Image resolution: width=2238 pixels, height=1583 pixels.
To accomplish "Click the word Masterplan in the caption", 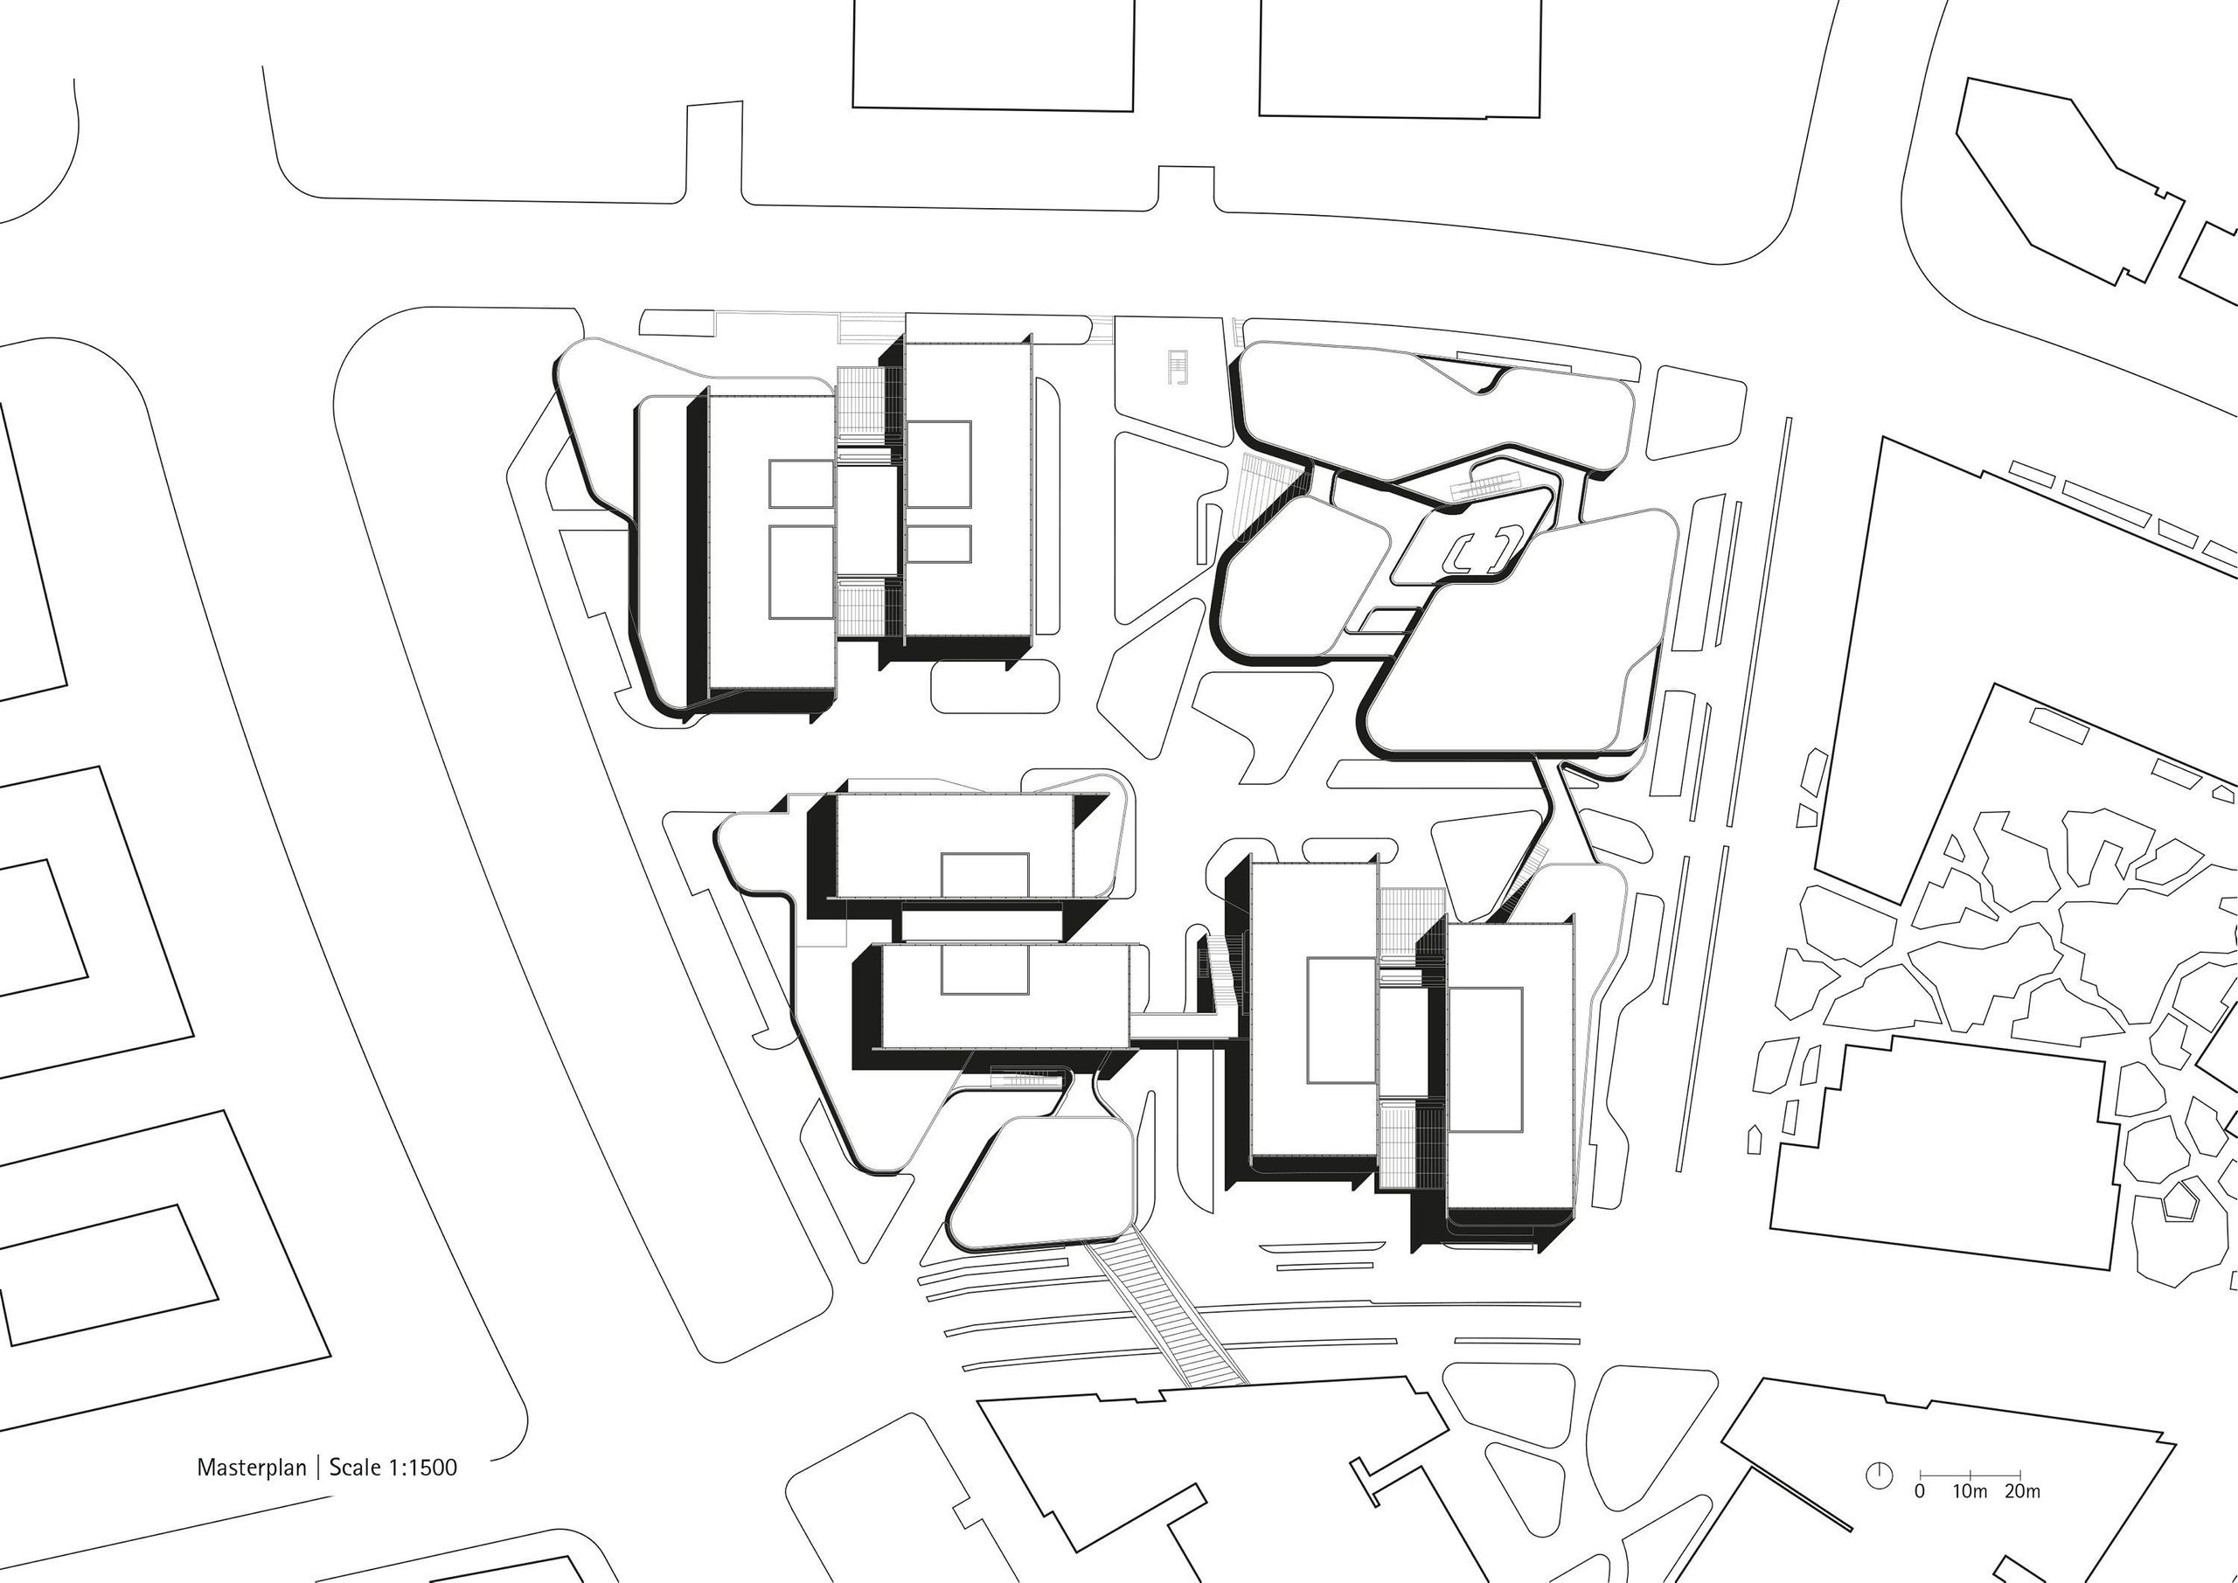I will coord(252,1467).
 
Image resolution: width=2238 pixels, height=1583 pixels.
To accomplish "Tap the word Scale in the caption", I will coord(355,1467).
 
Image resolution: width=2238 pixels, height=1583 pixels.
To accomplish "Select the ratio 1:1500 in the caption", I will coord(422,1467).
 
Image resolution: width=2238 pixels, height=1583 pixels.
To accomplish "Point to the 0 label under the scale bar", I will coord(1919,1491).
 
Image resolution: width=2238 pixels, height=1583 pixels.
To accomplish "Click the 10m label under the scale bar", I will coord(1969,1491).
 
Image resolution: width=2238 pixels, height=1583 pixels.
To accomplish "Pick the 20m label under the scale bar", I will coord(2023,1491).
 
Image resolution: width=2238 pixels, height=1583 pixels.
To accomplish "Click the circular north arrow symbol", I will coord(1880,1475).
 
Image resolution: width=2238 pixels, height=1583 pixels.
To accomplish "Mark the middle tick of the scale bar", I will coord(1970,1473).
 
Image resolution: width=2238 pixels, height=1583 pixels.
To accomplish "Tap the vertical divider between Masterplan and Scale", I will coord(317,1467).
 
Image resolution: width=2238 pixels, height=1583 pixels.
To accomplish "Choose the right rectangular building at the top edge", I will coord(1400,59).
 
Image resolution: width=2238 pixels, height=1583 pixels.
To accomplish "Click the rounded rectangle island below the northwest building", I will coord(994,686).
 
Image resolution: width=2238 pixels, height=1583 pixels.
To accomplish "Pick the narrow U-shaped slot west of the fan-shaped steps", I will coord(1213,536).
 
